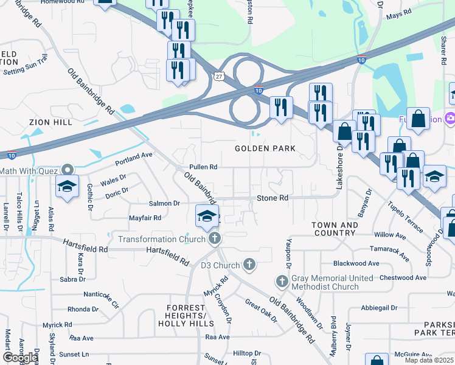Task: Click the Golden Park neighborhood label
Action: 266,148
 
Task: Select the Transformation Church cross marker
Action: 214,239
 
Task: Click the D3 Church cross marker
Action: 249,265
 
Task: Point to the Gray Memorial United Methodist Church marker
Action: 282,282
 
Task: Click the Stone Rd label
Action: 272,198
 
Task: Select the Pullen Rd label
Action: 203,167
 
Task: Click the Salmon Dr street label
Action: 165,203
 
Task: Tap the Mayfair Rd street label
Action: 145,217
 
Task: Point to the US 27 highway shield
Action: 218,75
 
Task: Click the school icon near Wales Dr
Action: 68,187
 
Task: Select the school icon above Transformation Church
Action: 207,216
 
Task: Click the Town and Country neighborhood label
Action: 335,229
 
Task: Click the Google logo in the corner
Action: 20,358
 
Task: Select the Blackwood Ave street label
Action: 356,263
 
